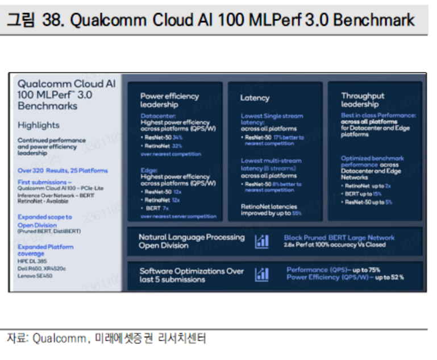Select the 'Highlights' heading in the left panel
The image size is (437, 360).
pyautogui.click(x=38, y=125)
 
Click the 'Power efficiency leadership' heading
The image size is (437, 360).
pyautogui.click(x=169, y=100)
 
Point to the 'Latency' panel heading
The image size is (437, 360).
pyautogui.click(x=255, y=98)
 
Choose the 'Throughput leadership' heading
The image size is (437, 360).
pyautogui.click(x=363, y=100)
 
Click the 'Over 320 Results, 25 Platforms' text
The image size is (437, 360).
pyautogui.click(x=63, y=170)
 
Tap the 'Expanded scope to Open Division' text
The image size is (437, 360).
pyautogui.click(x=45, y=221)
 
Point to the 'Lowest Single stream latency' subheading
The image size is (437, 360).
pyautogui.click(x=272, y=119)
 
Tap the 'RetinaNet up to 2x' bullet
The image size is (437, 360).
pyautogui.click(x=367, y=185)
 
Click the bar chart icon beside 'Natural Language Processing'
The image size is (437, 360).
pyautogui.click(x=262, y=241)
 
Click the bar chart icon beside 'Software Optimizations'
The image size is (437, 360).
pyautogui.click(x=262, y=275)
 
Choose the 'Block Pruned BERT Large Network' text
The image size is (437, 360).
pyautogui.click(x=339, y=238)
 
